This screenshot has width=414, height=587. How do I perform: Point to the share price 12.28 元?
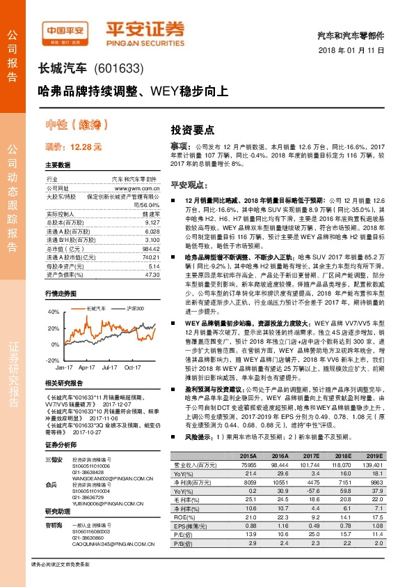(x=73, y=148)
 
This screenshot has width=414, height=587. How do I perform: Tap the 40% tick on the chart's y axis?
(x=53, y=311)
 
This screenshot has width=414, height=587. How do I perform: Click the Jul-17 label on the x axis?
(x=109, y=365)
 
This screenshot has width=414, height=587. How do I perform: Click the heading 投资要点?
(x=192, y=130)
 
